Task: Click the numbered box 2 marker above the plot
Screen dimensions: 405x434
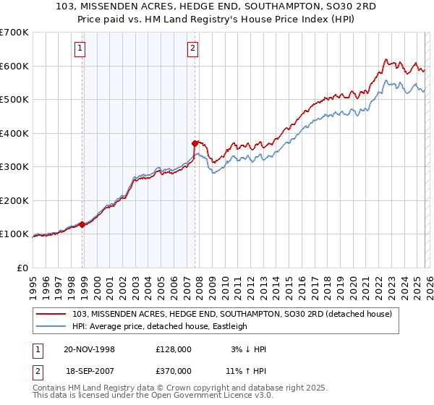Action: click(x=193, y=49)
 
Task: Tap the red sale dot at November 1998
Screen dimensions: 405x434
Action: click(x=82, y=224)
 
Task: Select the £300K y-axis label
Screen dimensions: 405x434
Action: click(x=14, y=167)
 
